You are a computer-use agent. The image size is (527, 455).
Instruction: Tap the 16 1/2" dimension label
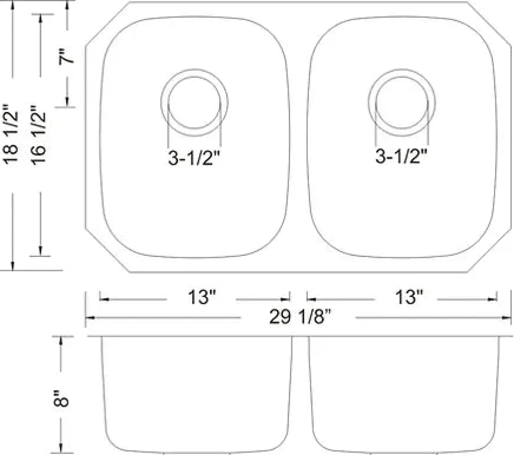(38, 135)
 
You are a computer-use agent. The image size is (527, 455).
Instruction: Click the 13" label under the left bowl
(202, 297)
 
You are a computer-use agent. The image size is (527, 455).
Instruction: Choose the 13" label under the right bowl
(409, 297)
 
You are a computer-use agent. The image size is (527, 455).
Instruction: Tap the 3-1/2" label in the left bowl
(194, 158)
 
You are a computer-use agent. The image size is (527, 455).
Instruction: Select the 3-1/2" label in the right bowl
(401, 156)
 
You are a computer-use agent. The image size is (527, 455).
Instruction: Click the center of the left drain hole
(194, 102)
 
